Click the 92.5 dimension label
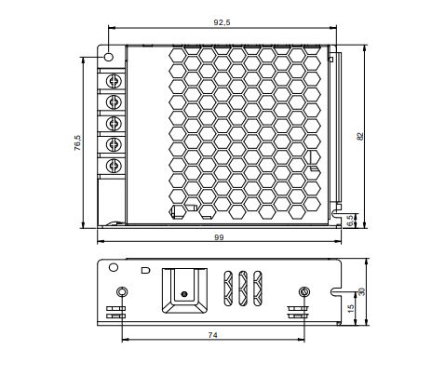tap(222, 22)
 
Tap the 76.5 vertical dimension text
tap(77, 142)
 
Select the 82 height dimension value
tap(360, 136)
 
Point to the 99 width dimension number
tap(219, 237)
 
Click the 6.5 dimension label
tap(350, 221)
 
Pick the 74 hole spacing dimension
tap(212, 335)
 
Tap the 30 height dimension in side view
tap(361, 291)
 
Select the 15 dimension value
tap(351, 308)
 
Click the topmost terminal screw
tap(114, 81)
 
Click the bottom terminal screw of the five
tap(114, 166)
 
